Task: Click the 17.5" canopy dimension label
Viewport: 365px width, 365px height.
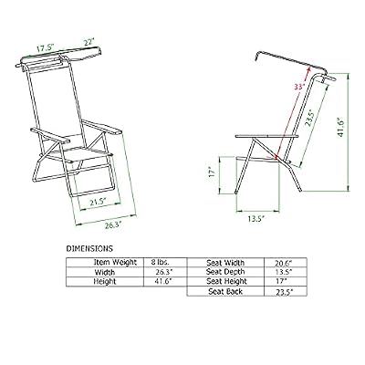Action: click(x=45, y=48)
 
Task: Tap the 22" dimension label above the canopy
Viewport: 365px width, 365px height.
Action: click(x=89, y=42)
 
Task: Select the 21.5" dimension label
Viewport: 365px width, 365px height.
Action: click(x=97, y=202)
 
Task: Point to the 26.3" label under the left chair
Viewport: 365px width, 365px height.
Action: click(x=113, y=225)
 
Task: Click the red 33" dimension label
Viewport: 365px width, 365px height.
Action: click(x=299, y=87)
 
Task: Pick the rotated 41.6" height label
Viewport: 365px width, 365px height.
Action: click(x=340, y=127)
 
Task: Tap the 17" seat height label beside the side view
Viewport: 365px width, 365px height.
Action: click(x=213, y=172)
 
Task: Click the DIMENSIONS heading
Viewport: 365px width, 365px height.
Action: click(x=89, y=248)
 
